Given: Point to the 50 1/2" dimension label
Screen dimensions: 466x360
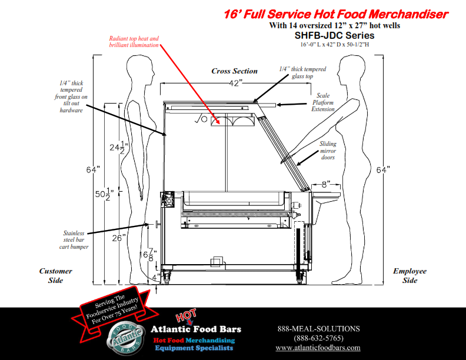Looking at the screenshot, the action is click(x=104, y=194).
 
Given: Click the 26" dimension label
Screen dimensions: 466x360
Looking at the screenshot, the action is click(x=119, y=238).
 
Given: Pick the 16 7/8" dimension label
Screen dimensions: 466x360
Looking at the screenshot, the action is click(x=149, y=255).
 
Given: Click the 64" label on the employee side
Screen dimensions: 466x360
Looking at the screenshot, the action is click(x=383, y=170).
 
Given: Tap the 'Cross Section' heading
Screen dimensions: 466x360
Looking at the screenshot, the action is click(x=235, y=71).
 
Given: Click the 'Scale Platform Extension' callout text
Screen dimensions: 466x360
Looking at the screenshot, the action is click(x=323, y=102).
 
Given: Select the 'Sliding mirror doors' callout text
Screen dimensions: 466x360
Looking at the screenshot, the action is click(x=328, y=151).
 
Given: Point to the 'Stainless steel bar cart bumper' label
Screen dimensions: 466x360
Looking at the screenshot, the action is click(x=74, y=239).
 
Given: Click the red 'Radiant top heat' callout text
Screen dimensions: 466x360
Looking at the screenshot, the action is click(x=134, y=42).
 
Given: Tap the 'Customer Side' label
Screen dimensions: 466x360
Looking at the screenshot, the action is click(x=55, y=275).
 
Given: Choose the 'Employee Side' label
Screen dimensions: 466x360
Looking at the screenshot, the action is click(x=410, y=275).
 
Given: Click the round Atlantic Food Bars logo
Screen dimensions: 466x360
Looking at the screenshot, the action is click(x=125, y=339).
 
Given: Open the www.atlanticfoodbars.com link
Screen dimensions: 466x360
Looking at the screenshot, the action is click(x=318, y=348).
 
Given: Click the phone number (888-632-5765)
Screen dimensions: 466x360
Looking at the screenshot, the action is click(x=318, y=338).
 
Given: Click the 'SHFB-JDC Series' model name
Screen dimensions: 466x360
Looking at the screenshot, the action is click(x=334, y=35).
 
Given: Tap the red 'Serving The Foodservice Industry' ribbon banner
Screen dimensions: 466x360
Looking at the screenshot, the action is click(x=115, y=309).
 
